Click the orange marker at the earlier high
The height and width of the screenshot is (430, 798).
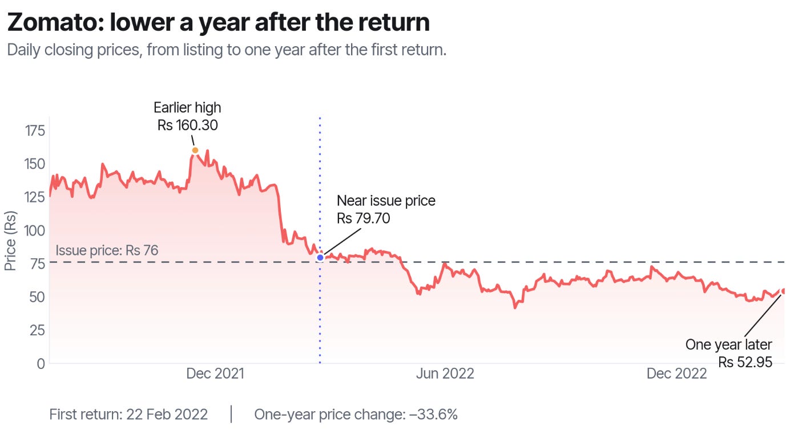pos(195,150)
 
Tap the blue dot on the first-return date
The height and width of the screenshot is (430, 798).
pos(320,257)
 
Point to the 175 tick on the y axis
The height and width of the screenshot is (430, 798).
pos(35,131)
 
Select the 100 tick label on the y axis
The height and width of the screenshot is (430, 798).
pos(35,230)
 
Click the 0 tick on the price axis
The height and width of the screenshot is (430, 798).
pos(41,363)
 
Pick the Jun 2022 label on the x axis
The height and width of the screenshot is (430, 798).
pos(445,374)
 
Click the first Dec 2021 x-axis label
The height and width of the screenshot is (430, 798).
pos(215,374)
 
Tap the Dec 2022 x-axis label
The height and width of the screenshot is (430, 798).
pos(676,374)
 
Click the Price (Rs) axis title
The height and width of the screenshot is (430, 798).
pos(10,241)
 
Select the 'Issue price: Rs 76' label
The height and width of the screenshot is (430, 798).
pos(107,250)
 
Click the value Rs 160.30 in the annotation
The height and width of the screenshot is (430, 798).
pos(187,125)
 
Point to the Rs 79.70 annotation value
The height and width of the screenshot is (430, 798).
pos(364,218)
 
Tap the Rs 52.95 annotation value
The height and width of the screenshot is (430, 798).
pos(745,362)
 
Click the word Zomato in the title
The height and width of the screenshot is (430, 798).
pos(55,22)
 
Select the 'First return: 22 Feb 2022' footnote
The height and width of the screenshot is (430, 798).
pos(128,415)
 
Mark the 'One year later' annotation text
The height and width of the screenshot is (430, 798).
pos(728,344)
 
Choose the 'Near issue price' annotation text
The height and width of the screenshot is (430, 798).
pos(386,201)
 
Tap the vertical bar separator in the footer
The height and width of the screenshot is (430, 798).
pos(231,414)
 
